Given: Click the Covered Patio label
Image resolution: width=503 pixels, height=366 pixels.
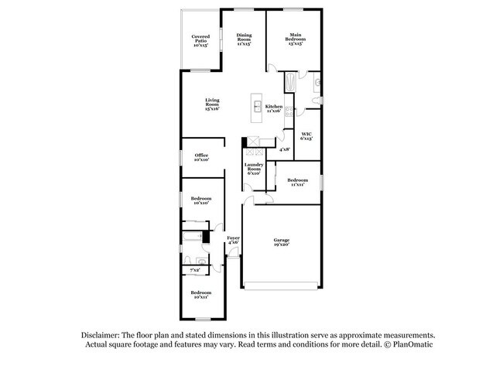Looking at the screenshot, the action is tap(200, 41).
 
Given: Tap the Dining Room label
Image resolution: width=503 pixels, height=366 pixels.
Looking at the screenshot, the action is tap(244, 39).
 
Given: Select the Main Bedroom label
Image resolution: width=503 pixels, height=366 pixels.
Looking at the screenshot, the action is tap(296, 39).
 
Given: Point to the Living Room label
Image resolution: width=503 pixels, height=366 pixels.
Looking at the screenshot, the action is tap(212, 104).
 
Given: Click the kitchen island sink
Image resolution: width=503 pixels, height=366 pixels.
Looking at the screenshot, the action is tap(257, 107).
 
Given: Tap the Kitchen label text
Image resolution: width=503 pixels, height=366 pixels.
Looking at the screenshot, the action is tap(274, 107).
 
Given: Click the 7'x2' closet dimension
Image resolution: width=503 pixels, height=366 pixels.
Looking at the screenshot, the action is tap(195, 270).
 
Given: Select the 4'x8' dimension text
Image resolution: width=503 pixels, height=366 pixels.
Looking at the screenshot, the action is tap(285, 149).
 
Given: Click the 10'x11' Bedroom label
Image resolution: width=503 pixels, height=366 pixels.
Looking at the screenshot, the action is tap(201, 295).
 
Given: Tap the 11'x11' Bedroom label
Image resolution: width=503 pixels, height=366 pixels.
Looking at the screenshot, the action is tap(297, 182).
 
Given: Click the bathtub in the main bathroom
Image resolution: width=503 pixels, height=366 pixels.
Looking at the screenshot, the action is tap(291, 82).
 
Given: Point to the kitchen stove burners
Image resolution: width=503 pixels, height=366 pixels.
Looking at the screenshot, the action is tap(289, 112).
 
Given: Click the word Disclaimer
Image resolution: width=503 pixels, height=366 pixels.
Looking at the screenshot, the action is tap(101, 336).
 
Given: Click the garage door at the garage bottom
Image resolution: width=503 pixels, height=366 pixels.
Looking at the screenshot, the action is tap(281, 286).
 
